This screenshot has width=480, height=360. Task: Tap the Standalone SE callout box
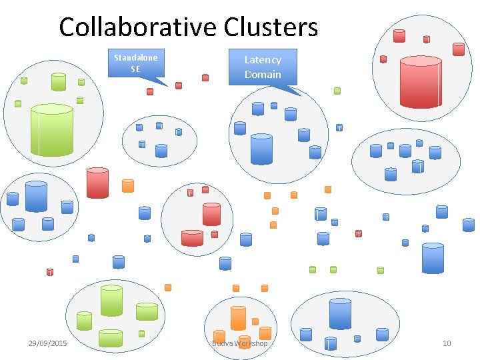click(x=135, y=63)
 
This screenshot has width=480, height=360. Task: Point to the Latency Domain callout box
click(x=263, y=67)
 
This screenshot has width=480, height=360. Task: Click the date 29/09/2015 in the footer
click(x=47, y=343)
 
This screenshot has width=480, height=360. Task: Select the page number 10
click(x=447, y=343)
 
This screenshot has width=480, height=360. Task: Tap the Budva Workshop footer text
click(x=239, y=343)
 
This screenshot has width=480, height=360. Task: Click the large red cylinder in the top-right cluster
click(x=420, y=82)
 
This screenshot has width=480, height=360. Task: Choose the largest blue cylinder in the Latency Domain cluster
click(x=261, y=149)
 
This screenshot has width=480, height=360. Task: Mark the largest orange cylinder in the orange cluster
click(x=238, y=317)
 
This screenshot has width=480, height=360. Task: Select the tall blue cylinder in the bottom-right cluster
click(x=340, y=313)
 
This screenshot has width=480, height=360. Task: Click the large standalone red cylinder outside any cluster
click(x=97, y=183)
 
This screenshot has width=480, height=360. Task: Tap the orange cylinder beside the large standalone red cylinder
click(x=128, y=185)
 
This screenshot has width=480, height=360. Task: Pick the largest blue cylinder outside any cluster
click(x=433, y=258)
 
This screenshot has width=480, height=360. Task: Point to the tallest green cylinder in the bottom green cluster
click(x=111, y=301)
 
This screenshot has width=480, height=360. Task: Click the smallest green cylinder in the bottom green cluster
click(x=141, y=333)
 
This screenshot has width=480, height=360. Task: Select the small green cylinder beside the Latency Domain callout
click(x=337, y=91)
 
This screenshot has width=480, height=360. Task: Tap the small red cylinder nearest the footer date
click(x=49, y=272)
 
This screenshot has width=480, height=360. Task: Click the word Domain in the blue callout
click(x=263, y=74)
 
